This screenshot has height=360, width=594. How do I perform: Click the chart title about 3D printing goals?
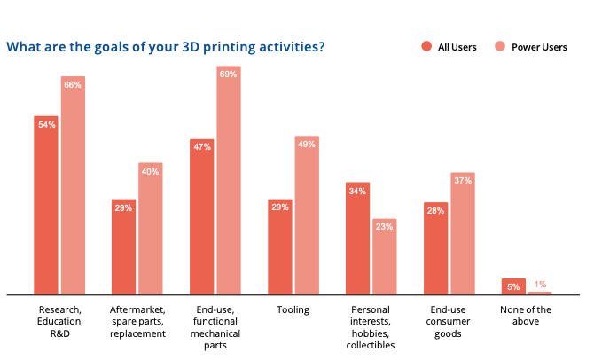pyautogui.click(x=165, y=46)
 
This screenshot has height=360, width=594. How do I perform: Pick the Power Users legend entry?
pyautogui.click(x=535, y=47)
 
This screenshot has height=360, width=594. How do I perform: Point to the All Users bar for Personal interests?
pyautogui.click(x=358, y=239)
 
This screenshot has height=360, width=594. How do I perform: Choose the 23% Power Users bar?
pyautogui.click(x=384, y=257)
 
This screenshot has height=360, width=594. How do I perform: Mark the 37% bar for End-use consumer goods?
pyautogui.click(x=463, y=235)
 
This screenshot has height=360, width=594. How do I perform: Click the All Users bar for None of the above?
pyautogui.click(x=513, y=286)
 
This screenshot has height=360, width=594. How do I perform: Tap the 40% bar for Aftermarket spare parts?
pyautogui.click(x=151, y=231)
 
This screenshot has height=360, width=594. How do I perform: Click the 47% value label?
pyautogui.click(x=202, y=146)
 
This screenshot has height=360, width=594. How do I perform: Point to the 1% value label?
pyautogui.click(x=540, y=285)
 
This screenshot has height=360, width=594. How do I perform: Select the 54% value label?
pyautogui.click(x=46, y=124)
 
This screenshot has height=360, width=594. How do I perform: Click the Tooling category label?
pyautogui.click(x=293, y=310)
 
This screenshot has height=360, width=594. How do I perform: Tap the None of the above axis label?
pyautogui.click(x=526, y=316)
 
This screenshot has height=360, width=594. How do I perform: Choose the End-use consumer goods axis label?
pyautogui.click(x=449, y=322)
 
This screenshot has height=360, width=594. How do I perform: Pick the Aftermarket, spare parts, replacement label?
pyautogui.click(x=137, y=322)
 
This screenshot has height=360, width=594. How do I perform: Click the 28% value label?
pyautogui.click(x=436, y=209)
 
